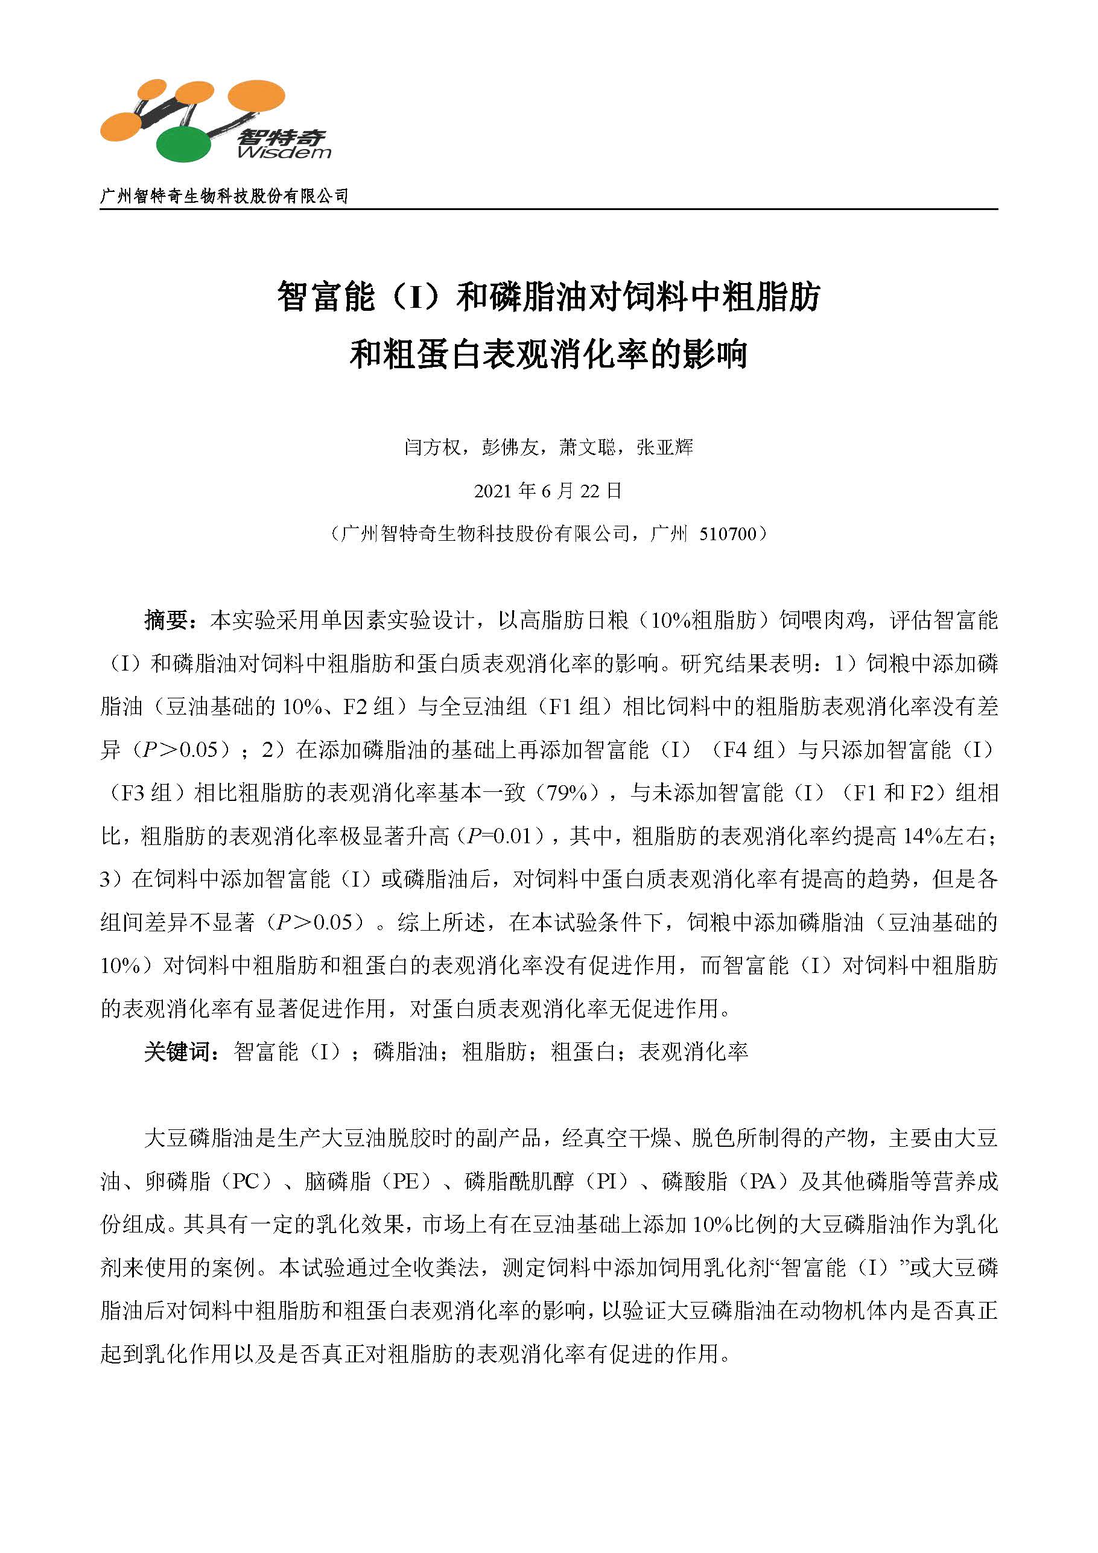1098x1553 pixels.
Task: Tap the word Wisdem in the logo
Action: (x=284, y=153)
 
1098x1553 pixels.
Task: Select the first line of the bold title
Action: (x=548, y=297)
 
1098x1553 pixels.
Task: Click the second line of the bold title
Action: (x=548, y=354)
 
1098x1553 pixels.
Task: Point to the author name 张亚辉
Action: (x=665, y=447)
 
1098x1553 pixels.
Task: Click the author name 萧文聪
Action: (x=588, y=447)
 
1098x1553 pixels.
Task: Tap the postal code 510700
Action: (x=728, y=534)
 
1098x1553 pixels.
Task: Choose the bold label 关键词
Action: (x=178, y=1052)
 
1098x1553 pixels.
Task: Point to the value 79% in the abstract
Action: (x=567, y=792)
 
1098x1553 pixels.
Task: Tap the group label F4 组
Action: (x=749, y=750)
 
